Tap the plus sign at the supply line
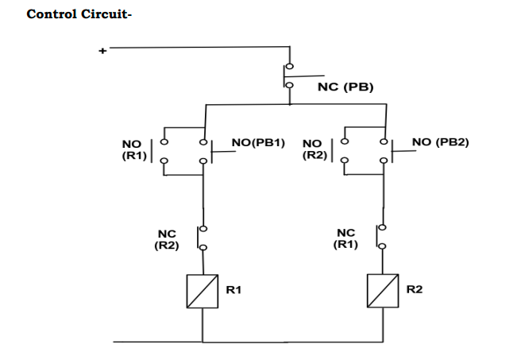(x=102, y=52)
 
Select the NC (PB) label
(x=345, y=87)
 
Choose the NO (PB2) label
(x=441, y=142)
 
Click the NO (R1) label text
(x=132, y=150)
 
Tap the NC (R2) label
(x=167, y=239)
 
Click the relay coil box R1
(x=203, y=291)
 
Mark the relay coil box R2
(x=384, y=291)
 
